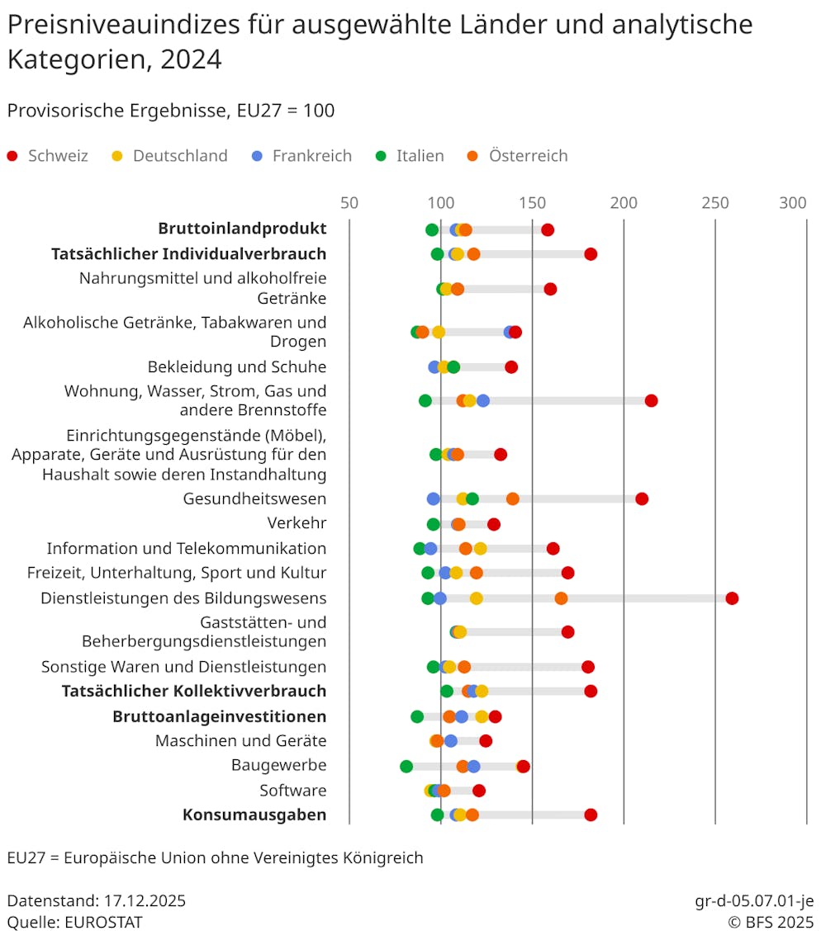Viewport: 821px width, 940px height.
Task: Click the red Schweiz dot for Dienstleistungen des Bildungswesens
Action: point(732,598)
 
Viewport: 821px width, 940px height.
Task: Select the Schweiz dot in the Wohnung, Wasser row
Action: point(651,401)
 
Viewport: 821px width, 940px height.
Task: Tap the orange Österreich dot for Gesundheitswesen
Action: point(512,498)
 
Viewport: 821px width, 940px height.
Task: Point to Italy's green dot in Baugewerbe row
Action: point(406,766)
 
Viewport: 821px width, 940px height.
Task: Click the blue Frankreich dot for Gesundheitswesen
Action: point(434,498)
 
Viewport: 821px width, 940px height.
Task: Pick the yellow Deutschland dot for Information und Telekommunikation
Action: point(480,549)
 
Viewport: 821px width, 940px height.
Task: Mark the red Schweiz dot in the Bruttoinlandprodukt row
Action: point(548,229)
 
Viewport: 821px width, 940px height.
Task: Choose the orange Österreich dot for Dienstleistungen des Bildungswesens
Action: point(561,598)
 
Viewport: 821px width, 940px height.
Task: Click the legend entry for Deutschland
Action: point(179,156)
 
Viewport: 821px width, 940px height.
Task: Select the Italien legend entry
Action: point(420,156)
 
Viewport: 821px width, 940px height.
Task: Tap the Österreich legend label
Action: point(528,156)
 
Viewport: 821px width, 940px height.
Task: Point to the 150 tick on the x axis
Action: point(532,203)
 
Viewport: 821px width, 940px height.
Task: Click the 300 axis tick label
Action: point(794,203)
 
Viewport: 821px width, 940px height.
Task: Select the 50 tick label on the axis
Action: point(349,203)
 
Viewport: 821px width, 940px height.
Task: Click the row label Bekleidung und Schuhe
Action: point(237,366)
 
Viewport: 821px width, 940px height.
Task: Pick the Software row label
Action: point(293,790)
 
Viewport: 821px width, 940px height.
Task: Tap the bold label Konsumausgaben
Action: point(254,815)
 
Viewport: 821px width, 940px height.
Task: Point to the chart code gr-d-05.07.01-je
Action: point(754,900)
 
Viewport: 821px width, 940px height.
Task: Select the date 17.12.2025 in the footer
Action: point(145,900)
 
